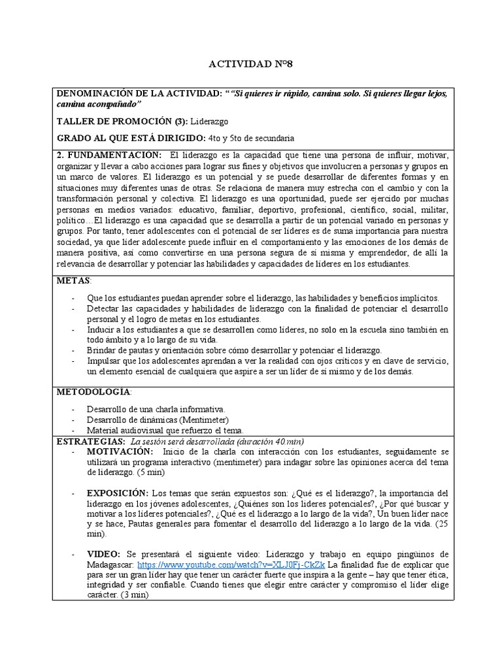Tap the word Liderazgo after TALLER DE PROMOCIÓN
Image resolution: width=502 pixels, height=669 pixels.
click(210, 121)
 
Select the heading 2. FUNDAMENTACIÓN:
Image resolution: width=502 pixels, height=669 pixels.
click(110, 155)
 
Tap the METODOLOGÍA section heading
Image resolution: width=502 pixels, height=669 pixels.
click(93, 391)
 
